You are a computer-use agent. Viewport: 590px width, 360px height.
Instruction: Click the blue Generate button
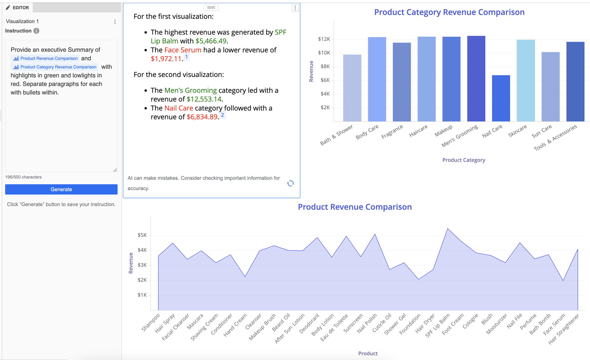(61, 189)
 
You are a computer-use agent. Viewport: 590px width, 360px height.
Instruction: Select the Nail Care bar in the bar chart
(501, 98)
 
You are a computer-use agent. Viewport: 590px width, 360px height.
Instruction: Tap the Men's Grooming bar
(476, 79)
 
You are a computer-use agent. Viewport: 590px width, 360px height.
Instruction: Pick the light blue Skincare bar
(526, 81)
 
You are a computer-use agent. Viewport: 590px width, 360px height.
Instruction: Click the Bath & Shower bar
(352, 88)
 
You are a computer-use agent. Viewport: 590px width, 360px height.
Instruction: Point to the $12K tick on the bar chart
(324, 39)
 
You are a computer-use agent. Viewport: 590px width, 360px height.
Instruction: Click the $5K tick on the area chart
(142, 235)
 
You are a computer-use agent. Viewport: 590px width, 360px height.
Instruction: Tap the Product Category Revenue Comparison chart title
(449, 12)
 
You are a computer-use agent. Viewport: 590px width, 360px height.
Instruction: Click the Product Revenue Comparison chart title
(355, 207)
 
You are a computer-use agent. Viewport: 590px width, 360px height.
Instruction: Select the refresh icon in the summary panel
(290, 184)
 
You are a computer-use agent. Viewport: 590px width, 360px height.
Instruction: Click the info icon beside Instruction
(36, 31)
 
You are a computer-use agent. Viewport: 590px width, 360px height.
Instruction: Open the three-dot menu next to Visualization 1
(115, 22)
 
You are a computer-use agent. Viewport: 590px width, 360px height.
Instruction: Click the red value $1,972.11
(166, 59)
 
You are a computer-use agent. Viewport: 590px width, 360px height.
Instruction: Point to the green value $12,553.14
(204, 99)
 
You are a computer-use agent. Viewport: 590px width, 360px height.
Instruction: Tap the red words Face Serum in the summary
(183, 50)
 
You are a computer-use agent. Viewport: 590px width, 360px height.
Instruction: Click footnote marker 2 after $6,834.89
(222, 115)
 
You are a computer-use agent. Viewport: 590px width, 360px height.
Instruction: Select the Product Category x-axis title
(464, 160)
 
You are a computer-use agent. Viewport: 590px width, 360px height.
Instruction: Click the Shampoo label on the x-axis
(151, 322)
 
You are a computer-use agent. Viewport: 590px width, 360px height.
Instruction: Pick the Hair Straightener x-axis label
(564, 329)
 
